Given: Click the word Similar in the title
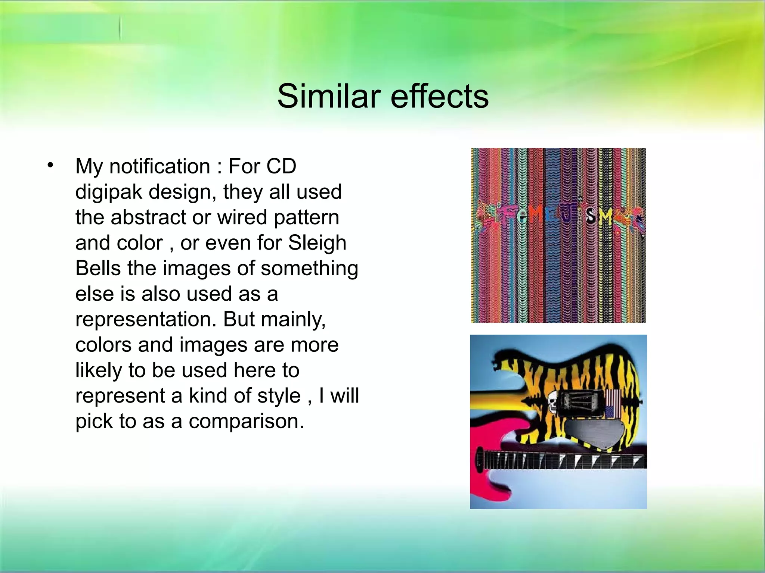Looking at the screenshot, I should pyautogui.click(x=329, y=96).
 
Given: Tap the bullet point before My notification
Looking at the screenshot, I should pyautogui.click(x=51, y=165).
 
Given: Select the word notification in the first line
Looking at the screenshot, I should pyautogui.click(x=159, y=166).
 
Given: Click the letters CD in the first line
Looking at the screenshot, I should pyautogui.click(x=281, y=166).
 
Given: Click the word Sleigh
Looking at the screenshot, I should pyautogui.click(x=317, y=243).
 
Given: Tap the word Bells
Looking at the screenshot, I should pyautogui.click(x=98, y=268).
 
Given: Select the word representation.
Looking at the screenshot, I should pyautogui.click(x=146, y=320).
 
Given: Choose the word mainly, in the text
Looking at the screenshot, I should pyautogui.click(x=293, y=320).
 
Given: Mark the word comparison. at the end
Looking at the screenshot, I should pyautogui.click(x=246, y=422).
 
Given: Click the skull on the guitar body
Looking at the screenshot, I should pyautogui.click(x=552, y=403).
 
